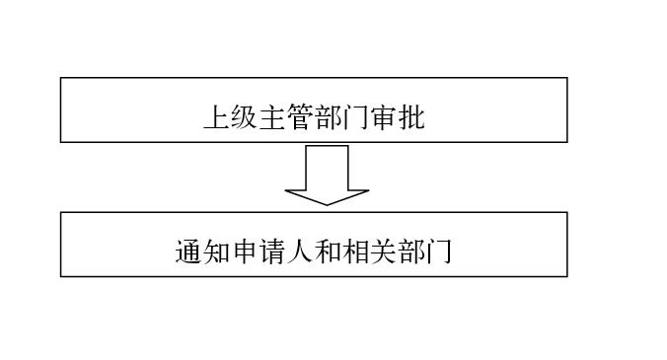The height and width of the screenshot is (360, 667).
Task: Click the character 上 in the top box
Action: pyautogui.click(x=217, y=117)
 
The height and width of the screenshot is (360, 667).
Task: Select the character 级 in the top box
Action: pyautogui.click(x=245, y=117)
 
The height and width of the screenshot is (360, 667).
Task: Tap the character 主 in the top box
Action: pyautogui.click(x=272, y=117)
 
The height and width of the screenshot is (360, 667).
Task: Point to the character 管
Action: pyautogui.click(x=300, y=117)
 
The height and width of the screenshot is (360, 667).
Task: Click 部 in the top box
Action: pyautogui.click(x=328, y=117)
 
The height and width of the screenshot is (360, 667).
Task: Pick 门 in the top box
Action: pyautogui.click(x=355, y=117)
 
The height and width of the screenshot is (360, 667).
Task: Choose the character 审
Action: pyautogui.click(x=384, y=117)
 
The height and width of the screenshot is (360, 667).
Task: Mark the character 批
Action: pyautogui.click(x=411, y=117)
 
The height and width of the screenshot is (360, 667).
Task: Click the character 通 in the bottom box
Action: pyautogui.click(x=188, y=252)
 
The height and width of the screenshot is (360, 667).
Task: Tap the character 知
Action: pyautogui.click(x=216, y=252)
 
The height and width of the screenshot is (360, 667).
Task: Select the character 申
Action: pyautogui.click(x=245, y=252)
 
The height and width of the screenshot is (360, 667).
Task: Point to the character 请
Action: pyautogui.click(x=272, y=252)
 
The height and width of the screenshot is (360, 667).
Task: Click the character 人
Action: pyautogui.click(x=300, y=252)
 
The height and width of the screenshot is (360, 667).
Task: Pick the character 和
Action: pyautogui.click(x=328, y=252)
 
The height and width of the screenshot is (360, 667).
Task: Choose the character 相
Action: pyautogui.click(x=355, y=252)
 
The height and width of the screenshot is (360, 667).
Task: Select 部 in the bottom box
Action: pyautogui.click(x=411, y=252)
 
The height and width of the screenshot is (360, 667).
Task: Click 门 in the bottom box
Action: pyautogui.click(x=439, y=252)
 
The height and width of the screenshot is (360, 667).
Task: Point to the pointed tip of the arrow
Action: pyautogui.click(x=327, y=205)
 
